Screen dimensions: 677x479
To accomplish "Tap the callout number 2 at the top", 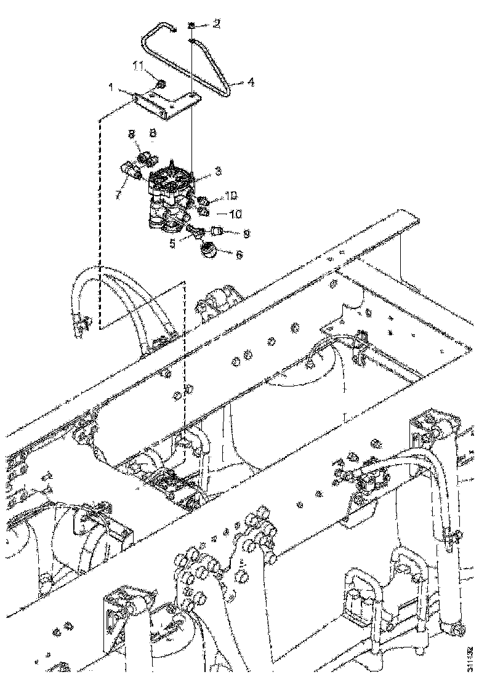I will coord(216,24).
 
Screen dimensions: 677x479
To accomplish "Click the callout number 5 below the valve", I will coord(173,242).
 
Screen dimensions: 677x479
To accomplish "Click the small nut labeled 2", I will coord(192,25).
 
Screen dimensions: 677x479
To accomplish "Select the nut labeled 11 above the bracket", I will coord(159,83).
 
